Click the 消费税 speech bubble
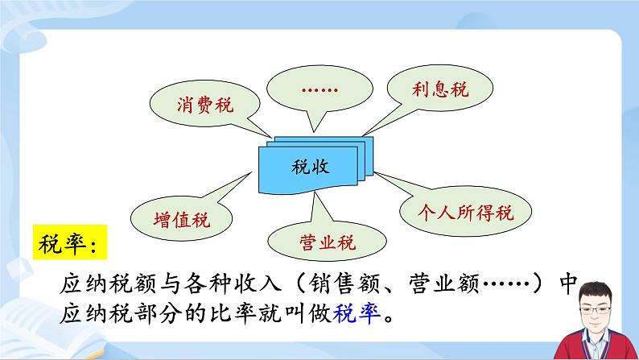coord(204,105)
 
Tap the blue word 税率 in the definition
coord(349,311)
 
